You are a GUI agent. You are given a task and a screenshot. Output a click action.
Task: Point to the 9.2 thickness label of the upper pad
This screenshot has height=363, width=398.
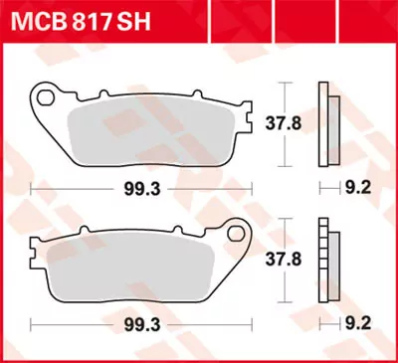click(360, 186)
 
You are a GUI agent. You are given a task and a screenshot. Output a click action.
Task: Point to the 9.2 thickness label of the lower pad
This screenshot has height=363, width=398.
click(360, 323)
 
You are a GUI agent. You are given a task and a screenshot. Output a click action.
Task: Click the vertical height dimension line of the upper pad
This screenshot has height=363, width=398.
click(287, 124)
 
